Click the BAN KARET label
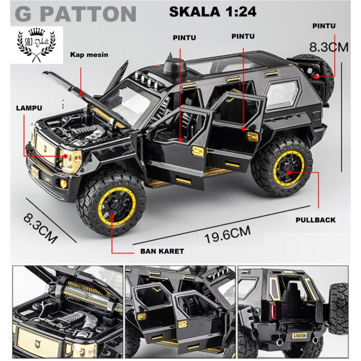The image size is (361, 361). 161,251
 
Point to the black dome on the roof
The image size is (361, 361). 171,66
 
